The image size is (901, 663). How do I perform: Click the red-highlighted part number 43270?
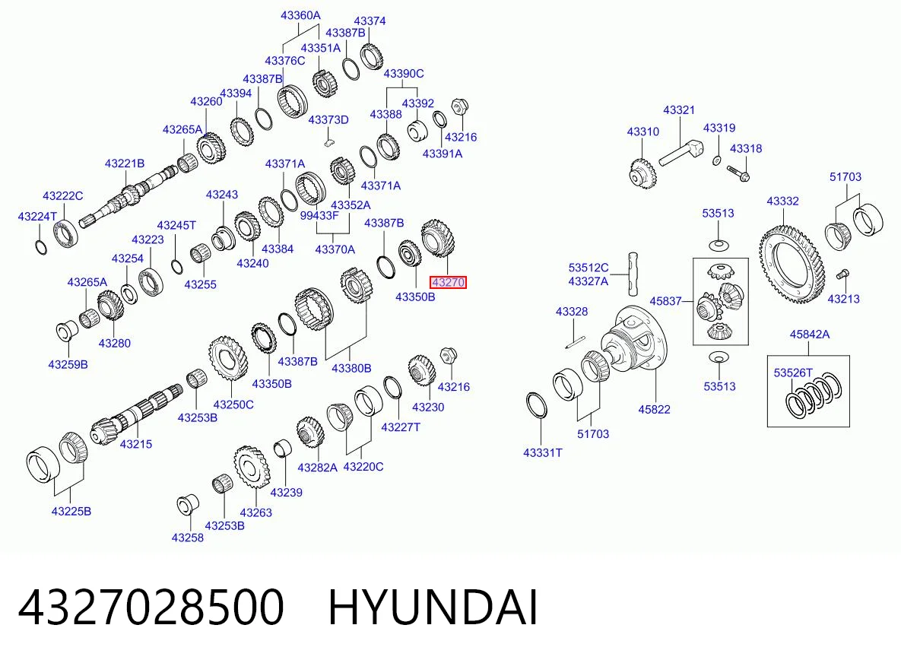click(x=448, y=282)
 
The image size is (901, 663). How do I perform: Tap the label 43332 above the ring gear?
click(x=782, y=201)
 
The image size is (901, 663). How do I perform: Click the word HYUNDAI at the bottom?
click(x=433, y=607)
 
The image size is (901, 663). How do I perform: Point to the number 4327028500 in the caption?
click(x=151, y=607)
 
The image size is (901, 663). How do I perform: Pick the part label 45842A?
click(x=809, y=335)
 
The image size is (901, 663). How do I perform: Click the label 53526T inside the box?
click(x=793, y=373)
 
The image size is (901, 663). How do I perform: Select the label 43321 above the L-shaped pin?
click(x=679, y=109)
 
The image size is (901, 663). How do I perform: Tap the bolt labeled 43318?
click(x=738, y=171)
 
